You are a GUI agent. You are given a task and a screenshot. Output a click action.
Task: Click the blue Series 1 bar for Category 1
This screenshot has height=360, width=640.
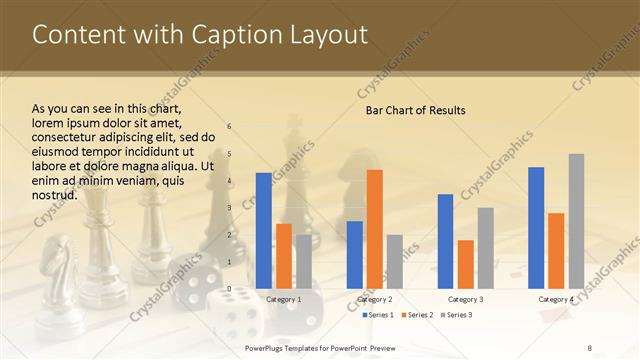click(x=263, y=231)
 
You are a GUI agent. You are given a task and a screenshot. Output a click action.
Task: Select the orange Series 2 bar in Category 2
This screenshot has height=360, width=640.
click(x=374, y=229)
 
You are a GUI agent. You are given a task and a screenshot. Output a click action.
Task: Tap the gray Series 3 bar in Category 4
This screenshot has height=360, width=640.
click(x=576, y=221)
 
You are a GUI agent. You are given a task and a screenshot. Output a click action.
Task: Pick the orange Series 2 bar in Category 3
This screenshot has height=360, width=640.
click(x=465, y=264)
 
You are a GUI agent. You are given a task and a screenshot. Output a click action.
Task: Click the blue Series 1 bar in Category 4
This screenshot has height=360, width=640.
click(x=536, y=228)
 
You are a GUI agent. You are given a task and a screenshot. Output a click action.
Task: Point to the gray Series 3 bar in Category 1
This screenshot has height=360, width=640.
click(x=303, y=262)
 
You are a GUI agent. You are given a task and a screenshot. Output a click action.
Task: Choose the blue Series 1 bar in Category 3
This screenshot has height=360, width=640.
click(x=445, y=241)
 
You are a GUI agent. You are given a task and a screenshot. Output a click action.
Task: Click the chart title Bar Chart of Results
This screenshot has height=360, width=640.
click(x=415, y=109)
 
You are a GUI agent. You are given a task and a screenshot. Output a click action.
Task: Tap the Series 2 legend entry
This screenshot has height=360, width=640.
click(x=417, y=315)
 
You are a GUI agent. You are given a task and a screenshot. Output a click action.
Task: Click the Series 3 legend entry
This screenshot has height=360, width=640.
click(x=456, y=315)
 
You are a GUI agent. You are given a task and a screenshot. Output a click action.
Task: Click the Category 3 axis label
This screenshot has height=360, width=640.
click(x=465, y=299)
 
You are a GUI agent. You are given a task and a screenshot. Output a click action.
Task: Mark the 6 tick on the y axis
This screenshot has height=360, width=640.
click(x=229, y=127)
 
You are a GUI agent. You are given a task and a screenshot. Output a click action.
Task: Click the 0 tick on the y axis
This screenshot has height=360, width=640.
click(x=229, y=289)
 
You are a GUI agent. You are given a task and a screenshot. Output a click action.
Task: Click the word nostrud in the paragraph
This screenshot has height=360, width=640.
click(x=55, y=194)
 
